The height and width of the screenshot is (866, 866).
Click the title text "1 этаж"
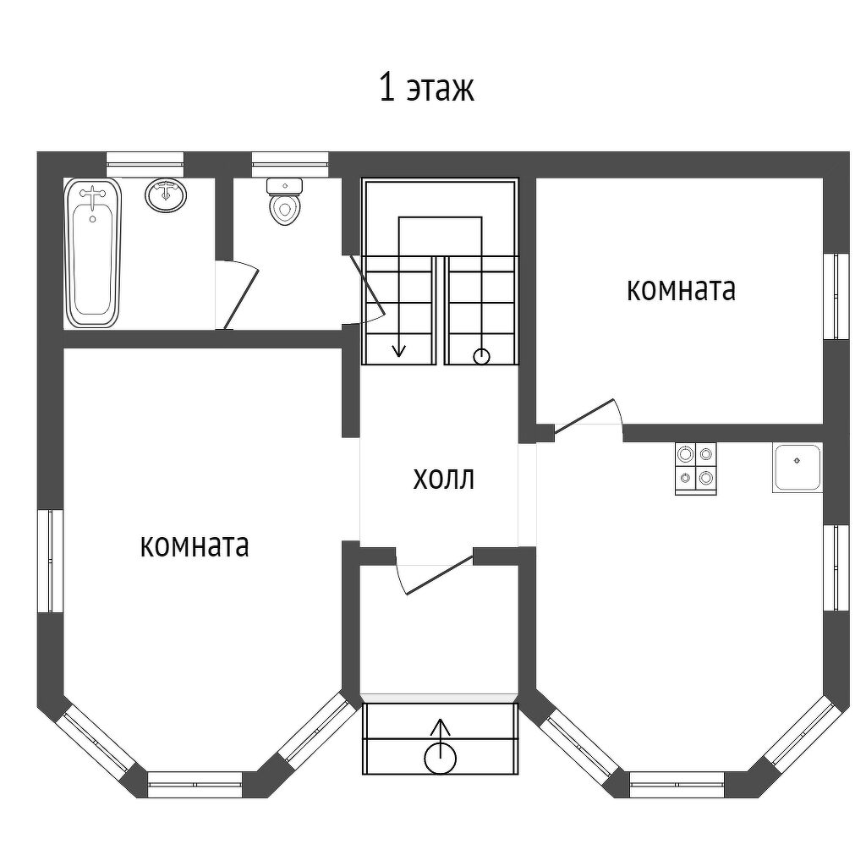coord(426,88)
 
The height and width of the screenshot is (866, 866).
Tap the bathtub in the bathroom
coord(92,254)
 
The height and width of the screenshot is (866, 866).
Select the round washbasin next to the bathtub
coord(166,195)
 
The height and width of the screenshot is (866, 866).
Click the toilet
coord(285,201)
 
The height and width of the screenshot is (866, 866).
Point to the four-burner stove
coord(696,469)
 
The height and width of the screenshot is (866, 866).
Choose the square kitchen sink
coord(797,469)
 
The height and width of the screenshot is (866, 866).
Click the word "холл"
coord(444,479)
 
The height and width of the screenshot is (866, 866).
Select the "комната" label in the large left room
coord(195,545)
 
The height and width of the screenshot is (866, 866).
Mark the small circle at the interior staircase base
coord(481,357)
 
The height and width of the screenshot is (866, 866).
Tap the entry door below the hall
coord(440,575)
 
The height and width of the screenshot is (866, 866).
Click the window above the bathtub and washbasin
coord(145,157)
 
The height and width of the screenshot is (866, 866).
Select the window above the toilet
coord(290,157)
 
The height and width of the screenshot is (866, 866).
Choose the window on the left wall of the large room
coord(51,561)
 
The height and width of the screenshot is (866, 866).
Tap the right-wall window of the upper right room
coord(836,296)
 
